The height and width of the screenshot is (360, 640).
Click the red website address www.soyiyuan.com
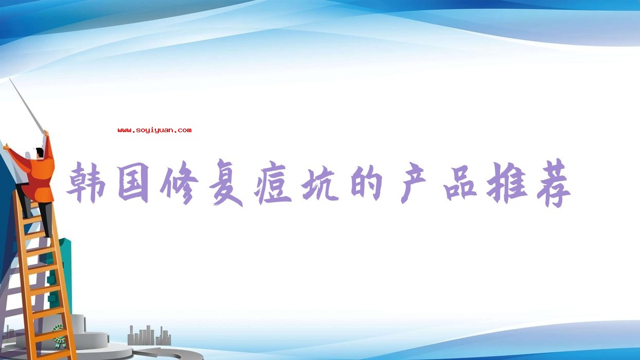tap(154, 130)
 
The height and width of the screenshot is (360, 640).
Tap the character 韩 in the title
tap(86, 182)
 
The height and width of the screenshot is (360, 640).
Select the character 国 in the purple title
tap(133, 182)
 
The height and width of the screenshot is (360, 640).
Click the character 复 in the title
tap(226, 183)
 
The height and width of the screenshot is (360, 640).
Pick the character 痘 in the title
tap(273, 183)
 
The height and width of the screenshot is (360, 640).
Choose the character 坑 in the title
tap(319, 184)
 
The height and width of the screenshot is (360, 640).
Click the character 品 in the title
tap(460, 183)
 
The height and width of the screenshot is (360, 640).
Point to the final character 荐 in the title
tap(554, 183)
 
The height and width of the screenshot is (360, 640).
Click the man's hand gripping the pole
tap(46, 133)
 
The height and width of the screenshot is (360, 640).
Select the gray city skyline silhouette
tap(149, 335)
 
